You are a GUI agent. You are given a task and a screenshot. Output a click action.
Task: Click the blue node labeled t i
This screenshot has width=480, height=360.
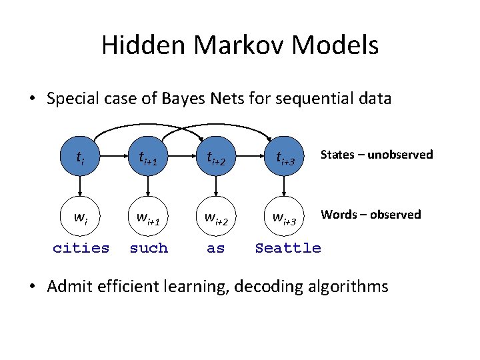click(x=81, y=158)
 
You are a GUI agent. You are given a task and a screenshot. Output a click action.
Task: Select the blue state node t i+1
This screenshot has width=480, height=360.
click(x=149, y=158)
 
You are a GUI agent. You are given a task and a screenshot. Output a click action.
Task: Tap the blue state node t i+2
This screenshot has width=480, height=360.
click(x=215, y=158)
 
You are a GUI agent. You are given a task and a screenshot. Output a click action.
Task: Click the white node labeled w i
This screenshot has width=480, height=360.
click(x=81, y=217)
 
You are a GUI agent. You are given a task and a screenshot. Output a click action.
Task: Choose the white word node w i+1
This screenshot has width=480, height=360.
click(x=149, y=217)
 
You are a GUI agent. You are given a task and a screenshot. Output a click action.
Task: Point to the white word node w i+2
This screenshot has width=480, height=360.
click(x=215, y=217)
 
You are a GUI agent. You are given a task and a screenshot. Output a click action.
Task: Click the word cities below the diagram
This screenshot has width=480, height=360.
click(x=81, y=248)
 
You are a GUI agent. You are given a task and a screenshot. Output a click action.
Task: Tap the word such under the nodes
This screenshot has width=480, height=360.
click(x=149, y=248)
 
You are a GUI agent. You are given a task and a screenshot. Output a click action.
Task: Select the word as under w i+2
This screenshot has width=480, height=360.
click(x=215, y=248)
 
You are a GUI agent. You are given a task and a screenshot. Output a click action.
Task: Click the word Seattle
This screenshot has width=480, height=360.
click(x=288, y=248)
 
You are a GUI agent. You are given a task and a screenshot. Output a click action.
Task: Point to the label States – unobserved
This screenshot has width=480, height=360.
click(x=377, y=155)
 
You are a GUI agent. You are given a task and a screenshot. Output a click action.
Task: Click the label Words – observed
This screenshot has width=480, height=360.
click(x=371, y=214)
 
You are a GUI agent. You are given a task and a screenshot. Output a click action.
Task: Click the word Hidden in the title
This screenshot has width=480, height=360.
click(x=145, y=46)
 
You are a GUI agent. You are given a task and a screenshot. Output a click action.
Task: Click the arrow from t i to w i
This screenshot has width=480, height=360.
click(x=81, y=187)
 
